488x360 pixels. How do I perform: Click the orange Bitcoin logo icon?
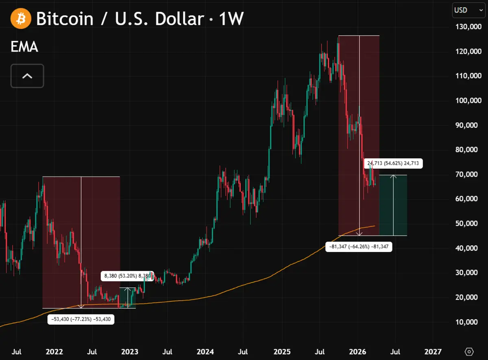click(21, 19)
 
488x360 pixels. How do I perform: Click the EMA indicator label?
click(24, 47)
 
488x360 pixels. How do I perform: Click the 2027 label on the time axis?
click(433, 351)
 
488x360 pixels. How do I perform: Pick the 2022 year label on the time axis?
click(54, 351)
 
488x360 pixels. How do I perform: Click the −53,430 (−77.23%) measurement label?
click(81, 319)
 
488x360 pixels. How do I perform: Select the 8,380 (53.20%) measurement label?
click(127, 276)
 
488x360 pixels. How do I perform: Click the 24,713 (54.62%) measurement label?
click(394, 164)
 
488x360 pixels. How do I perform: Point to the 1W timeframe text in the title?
click(231, 19)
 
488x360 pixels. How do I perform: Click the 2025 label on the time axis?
click(281, 351)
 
